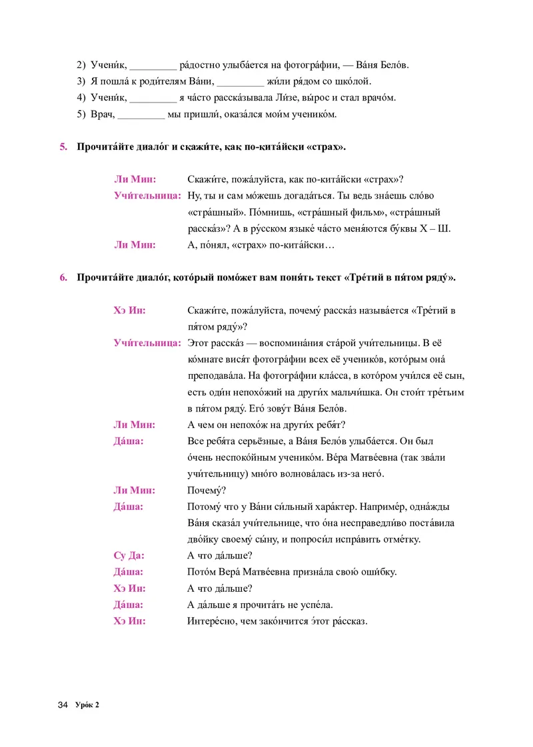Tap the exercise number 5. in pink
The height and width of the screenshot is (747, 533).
click(x=65, y=146)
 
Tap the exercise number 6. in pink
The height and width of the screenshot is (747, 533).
click(x=65, y=278)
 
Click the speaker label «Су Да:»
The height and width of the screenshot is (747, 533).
click(x=127, y=555)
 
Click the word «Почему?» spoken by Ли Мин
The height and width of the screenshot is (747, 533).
click(x=207, y=490)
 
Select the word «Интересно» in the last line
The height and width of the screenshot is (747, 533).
click(x=211, y=621)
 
